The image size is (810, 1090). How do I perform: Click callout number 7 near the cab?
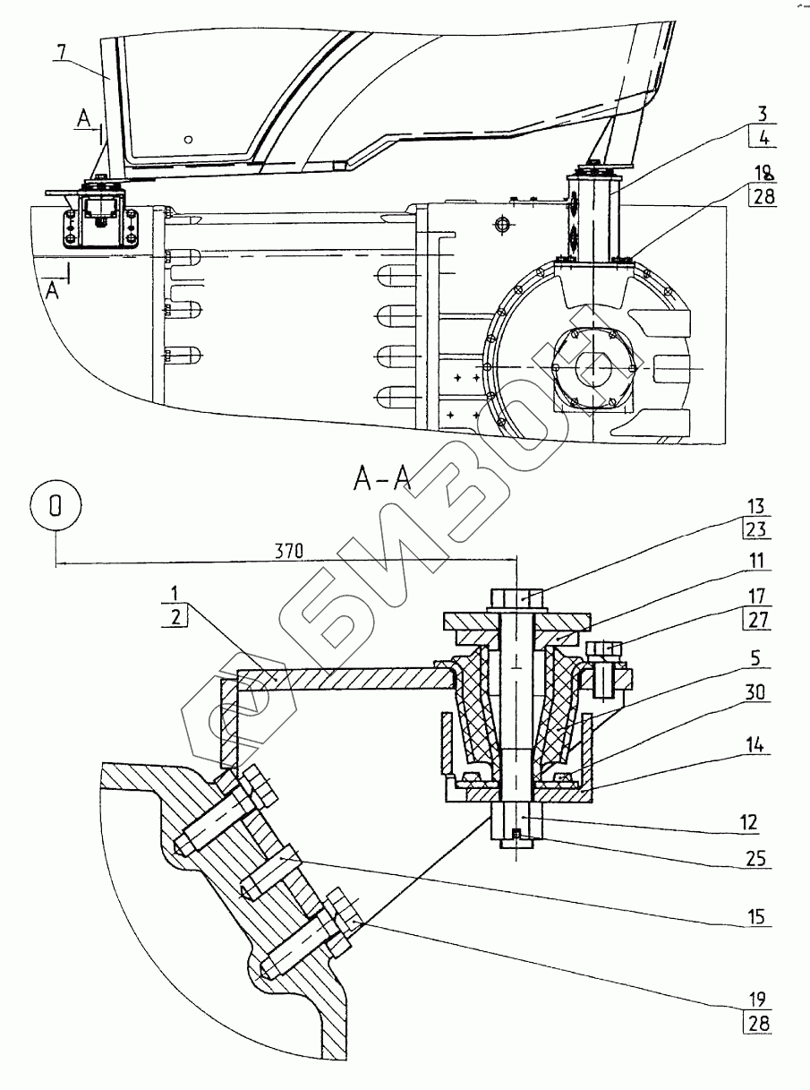point(64,52)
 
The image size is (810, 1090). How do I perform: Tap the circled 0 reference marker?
point(55,506)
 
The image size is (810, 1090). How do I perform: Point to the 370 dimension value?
point(289,552)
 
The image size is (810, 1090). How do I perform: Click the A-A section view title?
point(382,479)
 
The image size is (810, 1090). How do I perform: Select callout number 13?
point(755,507)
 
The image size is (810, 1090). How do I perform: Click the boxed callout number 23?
point(755,528)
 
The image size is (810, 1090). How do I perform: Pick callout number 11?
point(757,561)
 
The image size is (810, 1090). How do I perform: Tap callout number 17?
point(757,596)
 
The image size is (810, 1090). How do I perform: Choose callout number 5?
point(756,658)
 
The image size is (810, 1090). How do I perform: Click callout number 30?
point(755,692)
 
